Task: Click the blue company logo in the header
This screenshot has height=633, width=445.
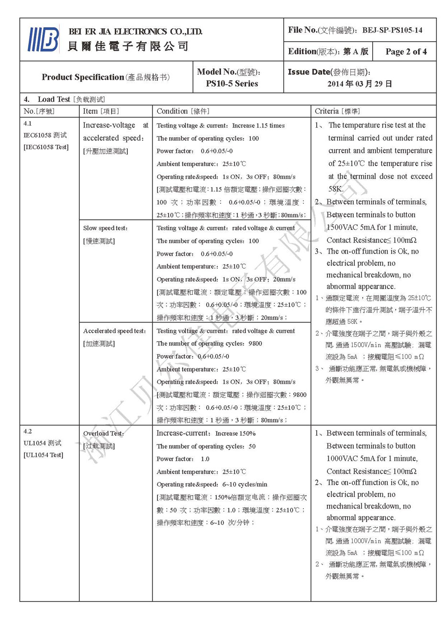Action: tap(44, 39)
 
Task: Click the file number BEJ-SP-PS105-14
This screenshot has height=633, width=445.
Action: tap(392, 30)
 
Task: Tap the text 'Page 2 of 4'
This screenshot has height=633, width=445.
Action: tap(406, 52)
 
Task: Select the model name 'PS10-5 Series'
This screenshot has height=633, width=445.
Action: tap(232, 84)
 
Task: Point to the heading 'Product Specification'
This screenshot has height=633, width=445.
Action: tap(83, 77)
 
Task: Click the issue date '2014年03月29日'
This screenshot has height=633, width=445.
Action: tap(360, 84)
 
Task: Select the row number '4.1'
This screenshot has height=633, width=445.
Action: tap(28, 123)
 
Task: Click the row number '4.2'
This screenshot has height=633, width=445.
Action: tap(28, 431)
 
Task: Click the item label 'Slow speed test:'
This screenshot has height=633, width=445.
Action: tap(105, 228)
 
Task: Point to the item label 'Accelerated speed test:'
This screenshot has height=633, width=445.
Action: tap(114, 331)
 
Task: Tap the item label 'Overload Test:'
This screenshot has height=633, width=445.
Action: tap(103, 433)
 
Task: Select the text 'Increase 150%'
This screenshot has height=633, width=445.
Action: tap(235, 433)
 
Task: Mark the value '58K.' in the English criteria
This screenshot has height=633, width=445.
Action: tap(336, 189)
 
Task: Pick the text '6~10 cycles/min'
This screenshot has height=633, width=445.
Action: tap(245, 484)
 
